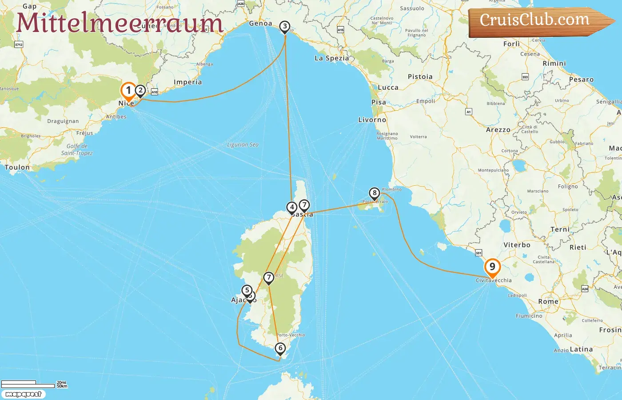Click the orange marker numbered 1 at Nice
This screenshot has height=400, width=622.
pos(128,91)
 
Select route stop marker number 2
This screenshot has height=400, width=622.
pos(140,91)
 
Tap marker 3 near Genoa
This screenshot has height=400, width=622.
pos(285,27)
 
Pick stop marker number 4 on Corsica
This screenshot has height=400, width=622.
pos(292,207)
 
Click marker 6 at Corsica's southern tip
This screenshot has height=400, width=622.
pos(280,348)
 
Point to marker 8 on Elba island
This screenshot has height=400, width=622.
pos(375,193)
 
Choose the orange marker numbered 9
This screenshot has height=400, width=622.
pos(492,267)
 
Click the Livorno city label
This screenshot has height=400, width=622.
pos(372,120)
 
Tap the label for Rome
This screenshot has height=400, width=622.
pos(548,301)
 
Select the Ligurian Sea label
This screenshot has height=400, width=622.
pos(243,145)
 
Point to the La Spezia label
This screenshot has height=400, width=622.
pos(331,58)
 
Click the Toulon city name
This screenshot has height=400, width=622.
pos(17,168)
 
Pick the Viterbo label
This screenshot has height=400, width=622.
pos(517,245)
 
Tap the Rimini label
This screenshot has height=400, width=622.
pos(554,64)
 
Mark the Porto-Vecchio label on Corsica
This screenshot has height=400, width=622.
pos(291,335)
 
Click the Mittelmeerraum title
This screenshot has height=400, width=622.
pos(120,23)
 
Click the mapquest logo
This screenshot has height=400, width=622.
pos(24,394)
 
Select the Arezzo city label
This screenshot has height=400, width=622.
pos(498,130)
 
